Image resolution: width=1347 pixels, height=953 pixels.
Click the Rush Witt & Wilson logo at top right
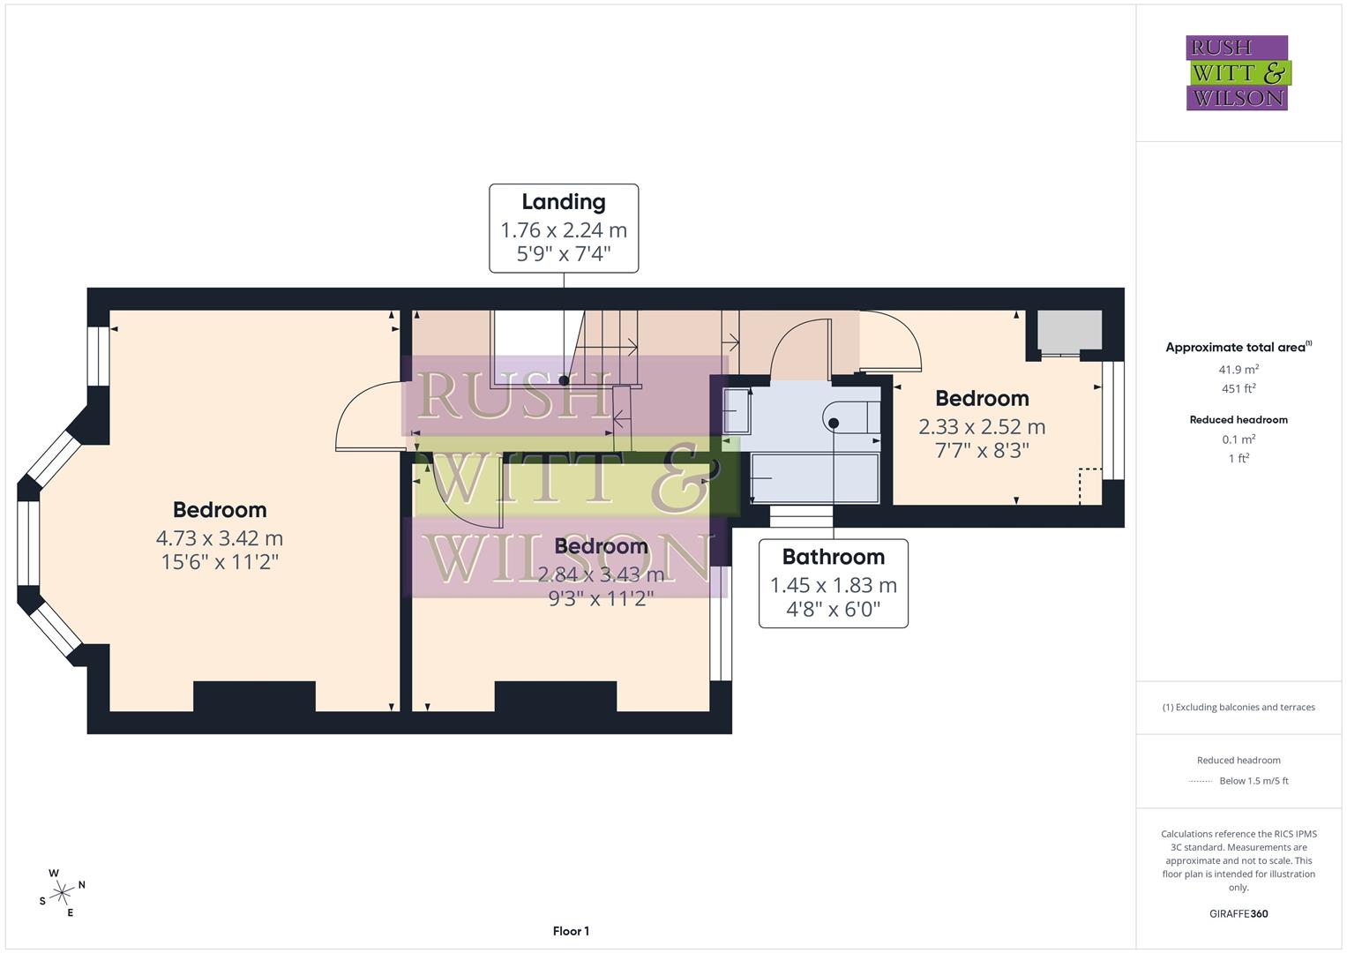point(1237,72)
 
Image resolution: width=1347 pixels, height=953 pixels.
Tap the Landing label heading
point(563,202)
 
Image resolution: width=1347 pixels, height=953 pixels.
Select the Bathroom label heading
point(833,557)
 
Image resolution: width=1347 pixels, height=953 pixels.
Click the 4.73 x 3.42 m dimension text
point(220,537)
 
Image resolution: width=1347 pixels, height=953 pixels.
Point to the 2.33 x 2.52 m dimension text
point(982,427)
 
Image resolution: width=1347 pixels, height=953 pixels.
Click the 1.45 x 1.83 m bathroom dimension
point(833,585)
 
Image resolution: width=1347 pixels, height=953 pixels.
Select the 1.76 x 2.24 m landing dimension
point(563,230)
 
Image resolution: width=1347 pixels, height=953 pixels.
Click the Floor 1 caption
point(571,931)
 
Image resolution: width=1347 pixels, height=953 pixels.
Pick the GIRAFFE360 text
point(1238,913)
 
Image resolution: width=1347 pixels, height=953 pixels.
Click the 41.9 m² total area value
point(1238,370)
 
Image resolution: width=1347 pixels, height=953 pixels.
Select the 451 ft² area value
point(1238,388)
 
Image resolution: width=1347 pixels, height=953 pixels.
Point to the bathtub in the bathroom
point(814,478)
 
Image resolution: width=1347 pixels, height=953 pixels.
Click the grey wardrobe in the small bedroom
point(1068,332)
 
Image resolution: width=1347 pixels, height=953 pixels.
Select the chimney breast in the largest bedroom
point(254,696)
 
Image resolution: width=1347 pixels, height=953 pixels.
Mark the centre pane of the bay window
point(28,543)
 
